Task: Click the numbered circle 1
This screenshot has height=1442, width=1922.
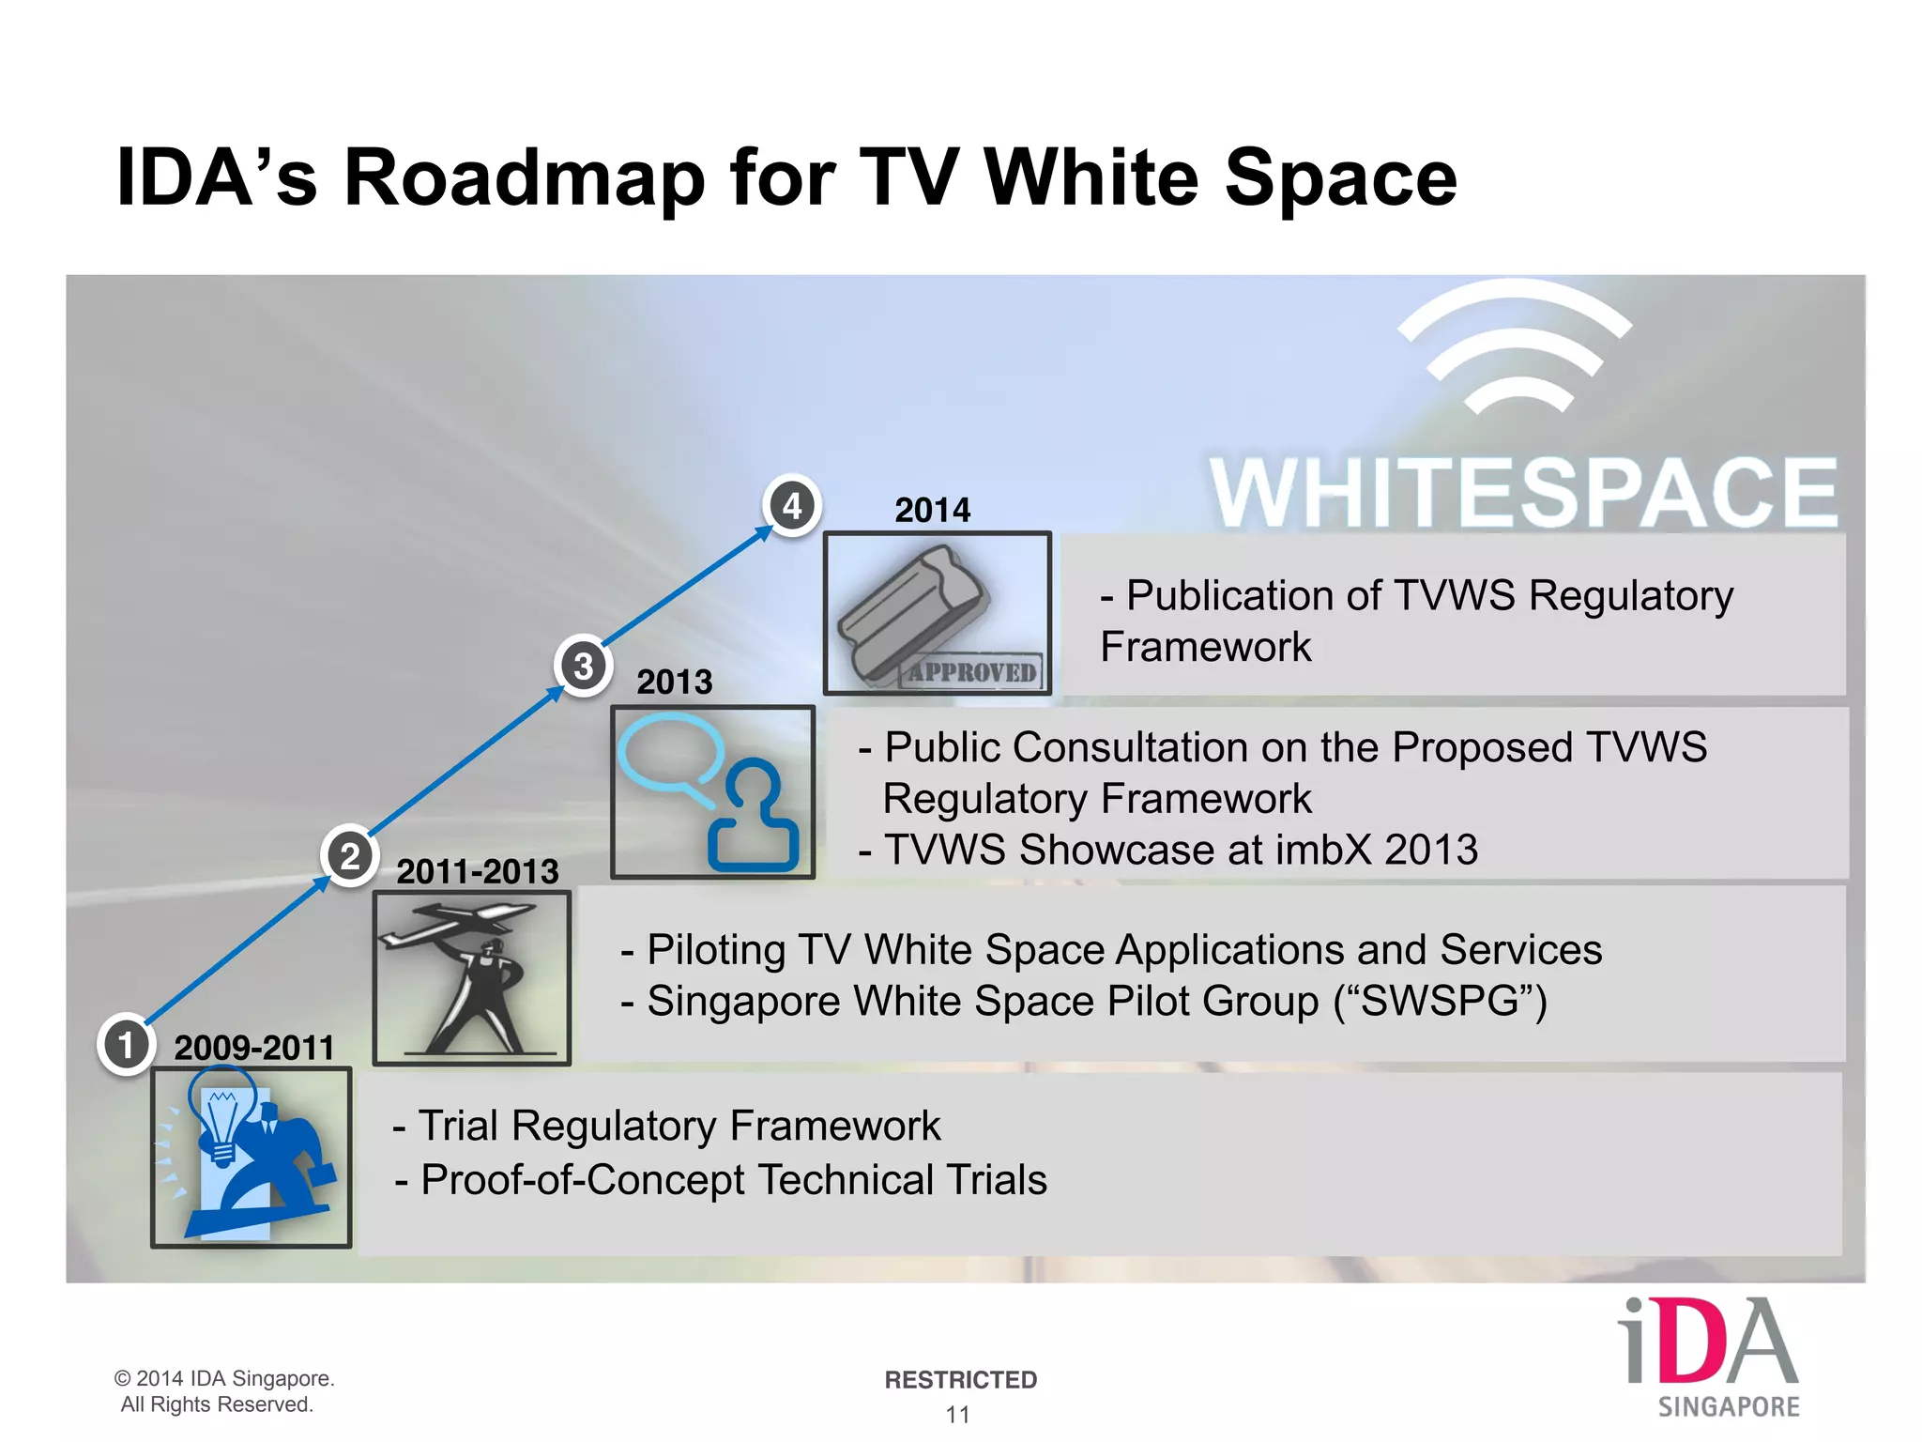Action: point(126,1044)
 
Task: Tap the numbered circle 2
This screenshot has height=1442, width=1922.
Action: point(349,856)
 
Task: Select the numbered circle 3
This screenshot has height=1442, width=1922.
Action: point(583,666)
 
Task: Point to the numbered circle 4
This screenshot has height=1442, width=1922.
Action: point(792,506)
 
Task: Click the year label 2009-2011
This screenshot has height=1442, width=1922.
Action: point(253,1047)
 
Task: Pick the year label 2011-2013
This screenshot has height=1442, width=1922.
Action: point(477,871)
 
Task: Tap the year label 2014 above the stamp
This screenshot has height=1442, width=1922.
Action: point(932,510)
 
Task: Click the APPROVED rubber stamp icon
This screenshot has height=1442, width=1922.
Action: point(937,613)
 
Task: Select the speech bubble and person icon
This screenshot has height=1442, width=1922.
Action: point(712,791)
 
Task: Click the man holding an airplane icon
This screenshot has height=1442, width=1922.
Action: point(471,977)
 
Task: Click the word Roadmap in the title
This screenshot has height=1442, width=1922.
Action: point(524,177)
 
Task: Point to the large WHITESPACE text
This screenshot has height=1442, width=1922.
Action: point(1522,493)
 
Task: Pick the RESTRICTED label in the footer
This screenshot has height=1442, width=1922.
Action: point(960,1379)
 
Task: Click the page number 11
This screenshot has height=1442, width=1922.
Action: point(957,1414)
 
